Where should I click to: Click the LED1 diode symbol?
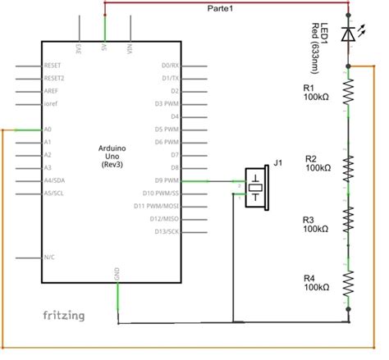coord(350,34)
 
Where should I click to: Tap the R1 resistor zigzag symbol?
coord(350,93)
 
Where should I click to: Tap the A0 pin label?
coord(47,130)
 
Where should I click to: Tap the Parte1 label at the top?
coord(221,8)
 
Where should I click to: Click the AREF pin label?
coord(50,91)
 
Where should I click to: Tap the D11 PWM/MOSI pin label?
coord(160,206)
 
